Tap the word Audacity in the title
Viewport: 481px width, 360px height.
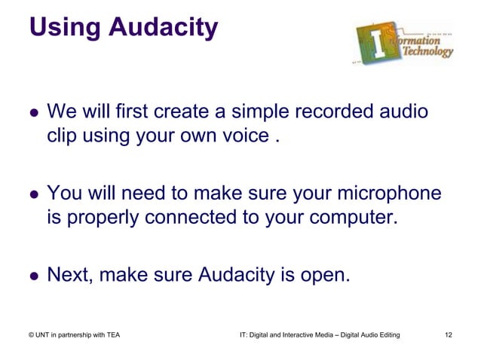coord(164,27)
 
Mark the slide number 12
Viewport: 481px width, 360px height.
coord(450,334)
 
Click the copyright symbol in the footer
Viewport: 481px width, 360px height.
coord(32,334)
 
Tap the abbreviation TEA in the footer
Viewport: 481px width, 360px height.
coord(110,334)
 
